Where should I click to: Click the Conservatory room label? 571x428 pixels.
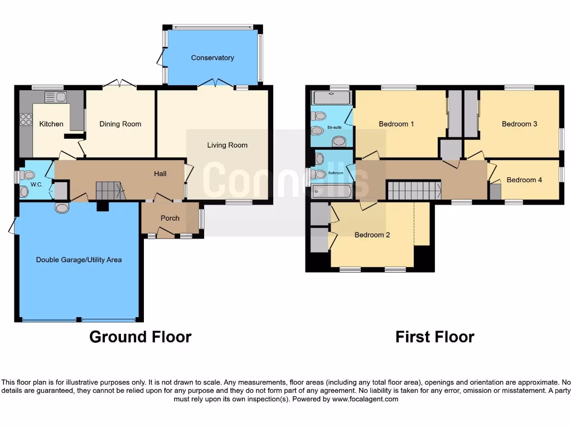pyautogui.click(x=212, y=58)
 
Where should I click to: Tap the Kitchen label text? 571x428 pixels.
pyautogui.click(x=51, y=124)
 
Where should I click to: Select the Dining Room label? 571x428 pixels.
pyautogui.click(x=120, y=124)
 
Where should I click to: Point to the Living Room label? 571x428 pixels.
pyautogui.click(x=227, y=145)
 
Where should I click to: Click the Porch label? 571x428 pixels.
pyautogui.click(x=170, y=218)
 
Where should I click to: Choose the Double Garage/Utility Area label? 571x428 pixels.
pyautogui.click(x=79, y=260)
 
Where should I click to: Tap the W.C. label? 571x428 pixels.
pyautogui.click(x=37, y=184)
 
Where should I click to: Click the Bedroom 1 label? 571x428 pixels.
pyautogui.click(x=396, y=124)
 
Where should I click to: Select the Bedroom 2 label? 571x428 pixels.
pyautogui.click(x=372, y=235)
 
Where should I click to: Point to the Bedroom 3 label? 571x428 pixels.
pyautogui.click(x=519, y=124)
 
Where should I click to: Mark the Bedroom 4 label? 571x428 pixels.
pyautogui.click(x=524, y=180)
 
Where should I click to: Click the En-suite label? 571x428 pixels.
pyautogui.click(x=335, y=127)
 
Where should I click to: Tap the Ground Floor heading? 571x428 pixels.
pyautogui.click(x=141, y=337)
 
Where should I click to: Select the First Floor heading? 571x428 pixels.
pyautogui.click(x=435, y=337)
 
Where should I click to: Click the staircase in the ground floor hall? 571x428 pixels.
pyautogui.click(x=109, y=190)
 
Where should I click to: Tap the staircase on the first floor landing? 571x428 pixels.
pyautogui.click(x=414, y=190)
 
